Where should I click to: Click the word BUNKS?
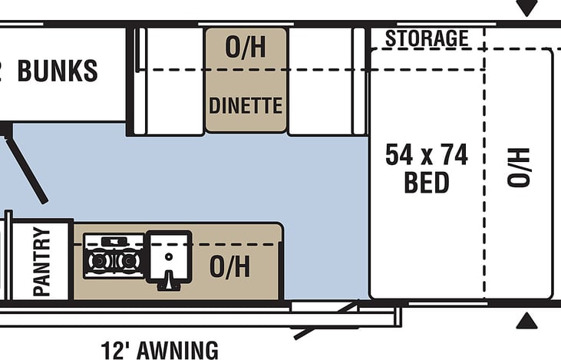pyautogui.click(x=58, y=71)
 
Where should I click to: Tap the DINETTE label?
pyautogui.click(x=246, y=105)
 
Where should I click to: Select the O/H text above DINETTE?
pyautogui.click(x=246, y=48)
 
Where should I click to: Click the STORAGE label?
pyautogui.click(x=427, y=38)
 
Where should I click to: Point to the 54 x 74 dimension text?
pyautogui.click(x=427, y=156)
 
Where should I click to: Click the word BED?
pyautogui.click(x=427, y=183)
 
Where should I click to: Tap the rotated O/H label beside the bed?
pyautogui.click(x=519, y=168)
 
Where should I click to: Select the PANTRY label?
pyautogui.click(x=41, y=261)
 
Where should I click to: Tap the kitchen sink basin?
pyautogui.click(x=169, y=253)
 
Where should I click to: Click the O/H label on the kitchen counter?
pyautogui.click(x=229, y=267)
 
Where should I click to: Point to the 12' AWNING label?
pyautogui.click(x=160, y=350)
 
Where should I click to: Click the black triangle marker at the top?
pyautogui.click(x=526, y=8)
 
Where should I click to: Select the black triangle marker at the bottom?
pyautogui.click(x=526, y=321)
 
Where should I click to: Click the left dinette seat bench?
pyautogui.click(x=173, y=81)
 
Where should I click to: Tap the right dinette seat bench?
pyautogui.click(x=320, y=81)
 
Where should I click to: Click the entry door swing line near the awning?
pyautogui.click(x=325, y=321)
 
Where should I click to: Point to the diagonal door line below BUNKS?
pyautogui.click(x=26, y=164)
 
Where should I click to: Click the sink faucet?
pyautogui.click(x=168, y=282)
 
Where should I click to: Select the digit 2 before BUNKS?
pyautogui.click(x=3, y=71)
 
